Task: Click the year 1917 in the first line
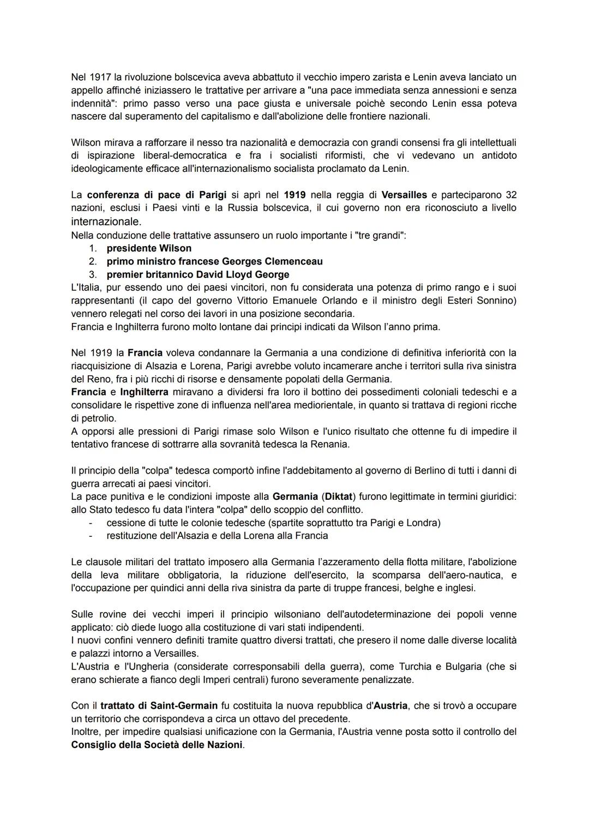pyautogui.click(x=100, y=77)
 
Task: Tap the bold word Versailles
pyautogui.click(x=404, y=195)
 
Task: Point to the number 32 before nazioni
pyautogui.click(x=511, y=195)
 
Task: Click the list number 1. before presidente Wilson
pyautogui.click(x=93, y=248)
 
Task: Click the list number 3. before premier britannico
pyautogui.click(x=93, y=274)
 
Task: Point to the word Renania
pyautogui.click(x=329, y=444)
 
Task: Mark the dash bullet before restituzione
pyautogui.click(x=91, y=536)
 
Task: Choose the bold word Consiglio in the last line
pyautogui.click(x=94, y=745)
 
